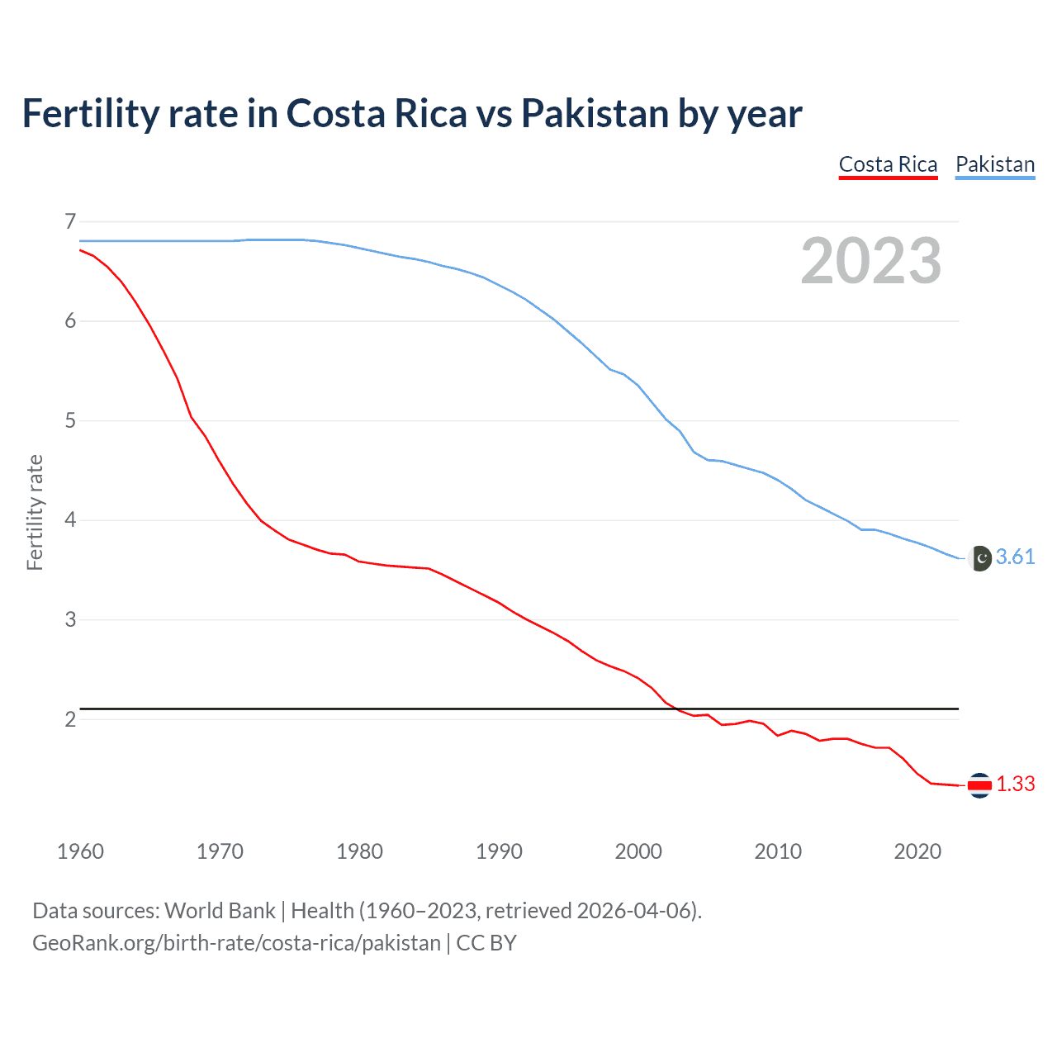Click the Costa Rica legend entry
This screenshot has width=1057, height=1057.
(x=888, y=165)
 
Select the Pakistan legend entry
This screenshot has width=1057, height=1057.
(x=994, y=165)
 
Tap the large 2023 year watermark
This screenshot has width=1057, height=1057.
(x=870, y=261)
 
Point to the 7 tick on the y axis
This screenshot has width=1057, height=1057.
(x=70, y=221)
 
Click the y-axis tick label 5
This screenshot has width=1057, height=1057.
(x=70, y=421)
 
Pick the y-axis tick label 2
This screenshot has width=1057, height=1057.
(x=70, y=719)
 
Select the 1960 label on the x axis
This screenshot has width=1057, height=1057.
(x=80, y=851)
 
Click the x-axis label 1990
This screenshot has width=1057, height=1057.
(x=499, y=851)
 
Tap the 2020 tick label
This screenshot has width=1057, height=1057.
(x=917, y=851)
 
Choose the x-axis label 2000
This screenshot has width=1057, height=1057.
(x=638, y=851)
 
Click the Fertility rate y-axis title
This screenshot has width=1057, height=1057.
(x=35, y=512)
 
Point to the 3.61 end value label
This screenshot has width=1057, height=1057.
(x=1015, y=557)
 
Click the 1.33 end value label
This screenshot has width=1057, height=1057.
(x=1015, y=784)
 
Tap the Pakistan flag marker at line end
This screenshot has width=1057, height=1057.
(x=979, y=558)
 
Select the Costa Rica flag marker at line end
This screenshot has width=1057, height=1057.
(x=979, y=785)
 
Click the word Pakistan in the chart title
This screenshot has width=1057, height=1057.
(x=595, y=114)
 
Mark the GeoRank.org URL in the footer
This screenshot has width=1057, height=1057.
(x=236, y=943)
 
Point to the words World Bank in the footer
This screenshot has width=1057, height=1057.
(x=220, y=911)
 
